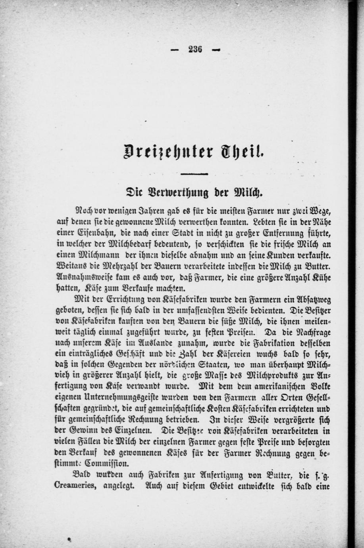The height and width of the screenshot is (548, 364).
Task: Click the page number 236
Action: coord(195,50)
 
